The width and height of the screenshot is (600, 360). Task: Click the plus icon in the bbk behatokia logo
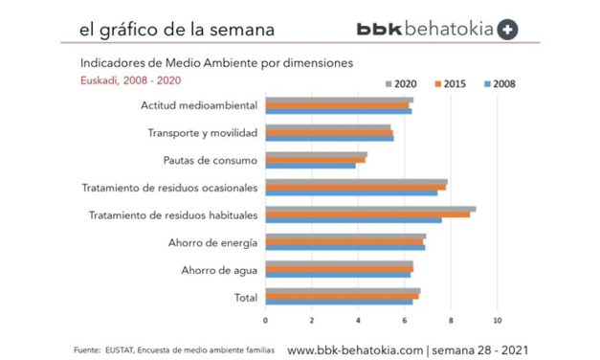(508, 29)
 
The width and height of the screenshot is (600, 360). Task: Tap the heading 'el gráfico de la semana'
(177, 29)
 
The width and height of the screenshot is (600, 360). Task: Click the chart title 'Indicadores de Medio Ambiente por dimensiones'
(203, 63)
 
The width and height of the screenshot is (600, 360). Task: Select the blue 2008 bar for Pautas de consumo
(310, 165)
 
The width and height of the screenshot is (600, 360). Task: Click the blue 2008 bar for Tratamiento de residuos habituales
(353, 219)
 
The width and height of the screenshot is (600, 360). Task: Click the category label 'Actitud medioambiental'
(198, 104)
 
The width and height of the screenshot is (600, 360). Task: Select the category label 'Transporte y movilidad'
(202, 132)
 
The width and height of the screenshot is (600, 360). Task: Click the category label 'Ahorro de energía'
(211, 242)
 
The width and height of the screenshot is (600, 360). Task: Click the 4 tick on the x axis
(358, 319)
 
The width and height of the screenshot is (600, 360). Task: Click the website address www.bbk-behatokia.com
(355, 349)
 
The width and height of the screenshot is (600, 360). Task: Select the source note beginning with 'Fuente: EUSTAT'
(175, 351)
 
